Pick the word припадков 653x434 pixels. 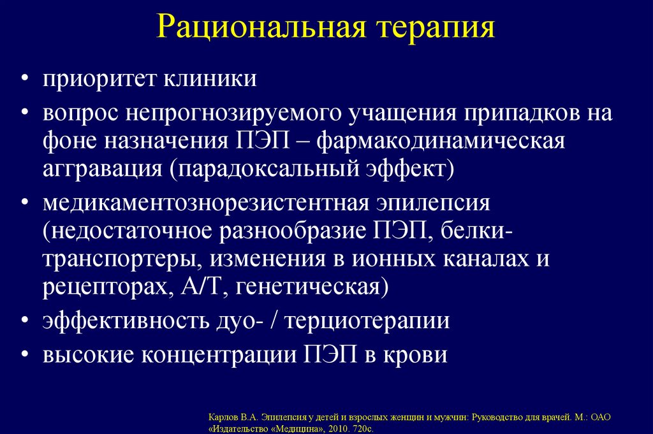[497, 115]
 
